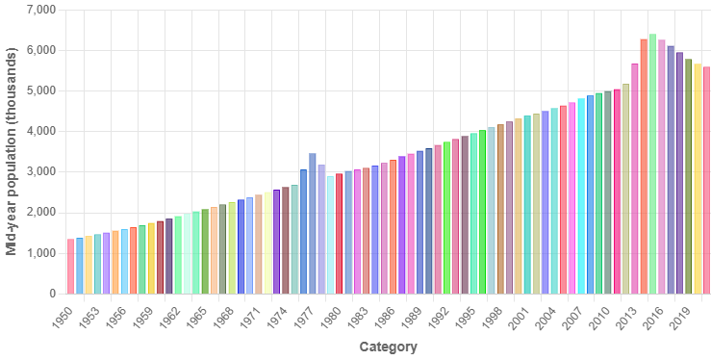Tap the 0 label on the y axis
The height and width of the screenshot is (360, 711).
tap(53, 294)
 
